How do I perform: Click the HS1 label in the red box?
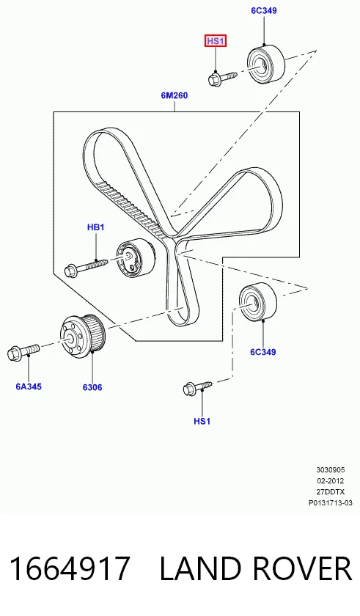216,41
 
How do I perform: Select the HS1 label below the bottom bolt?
202,421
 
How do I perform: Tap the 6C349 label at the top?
264,10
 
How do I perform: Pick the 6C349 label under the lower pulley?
263,352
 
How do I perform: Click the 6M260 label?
175,95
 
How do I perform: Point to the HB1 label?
96,227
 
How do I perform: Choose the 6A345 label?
29,386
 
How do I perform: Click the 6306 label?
92,387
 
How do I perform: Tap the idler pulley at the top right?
266,64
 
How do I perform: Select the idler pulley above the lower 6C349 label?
258,301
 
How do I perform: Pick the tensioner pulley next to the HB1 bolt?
136,257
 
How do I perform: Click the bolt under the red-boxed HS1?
222,78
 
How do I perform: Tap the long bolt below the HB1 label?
86,267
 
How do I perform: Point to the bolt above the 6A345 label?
23,351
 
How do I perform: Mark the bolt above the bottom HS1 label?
197,387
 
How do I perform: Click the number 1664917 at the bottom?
70,568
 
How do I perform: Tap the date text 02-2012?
331,481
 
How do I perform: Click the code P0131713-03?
331,503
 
